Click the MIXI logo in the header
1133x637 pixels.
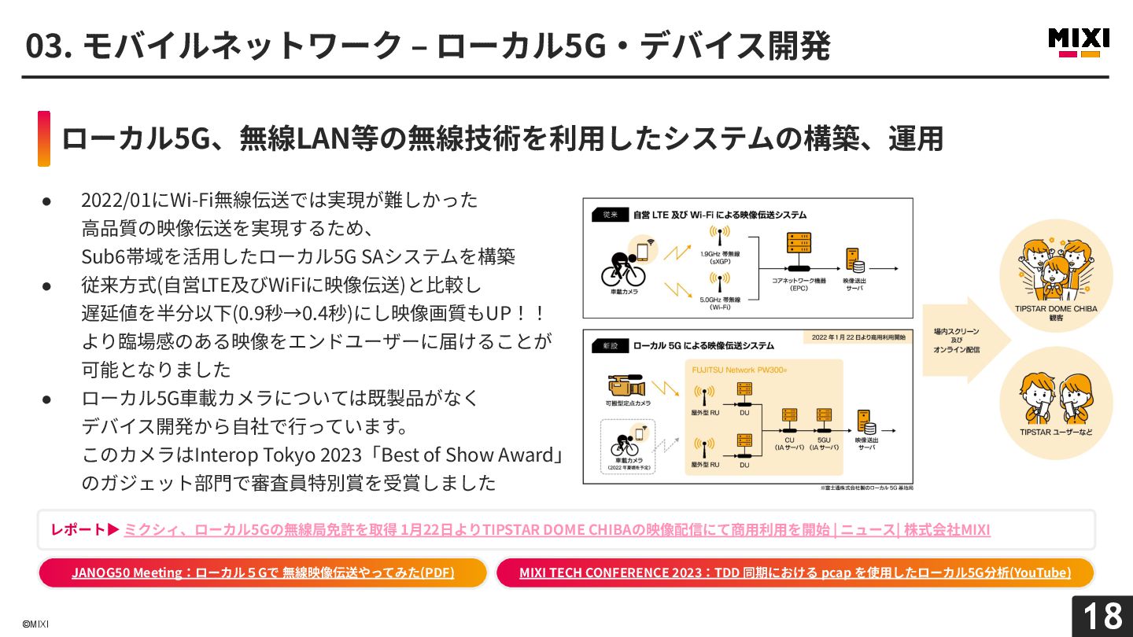click(x=1079, y=42)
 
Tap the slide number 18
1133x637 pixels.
click(x=1102, y=616)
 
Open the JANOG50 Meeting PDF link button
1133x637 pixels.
click(x=263, y=573)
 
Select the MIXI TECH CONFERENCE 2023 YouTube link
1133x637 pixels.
click(x=795, y=573)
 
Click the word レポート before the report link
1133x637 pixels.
click(x=78, y=529)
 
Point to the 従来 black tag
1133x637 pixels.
click(x=611, y=214)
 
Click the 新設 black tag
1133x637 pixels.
click(x=611, y=345)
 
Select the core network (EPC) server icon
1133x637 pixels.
click(x=798, y=250)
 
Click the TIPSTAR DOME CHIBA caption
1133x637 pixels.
click(x=1055, y=309)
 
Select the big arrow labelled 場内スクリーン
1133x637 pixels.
click(x=965, y=340)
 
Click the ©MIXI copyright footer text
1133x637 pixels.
click(x=35, y=624)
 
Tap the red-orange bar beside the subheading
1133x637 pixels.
click(x=44, y=138)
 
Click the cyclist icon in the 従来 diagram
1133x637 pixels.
click(x=623, y=268)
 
